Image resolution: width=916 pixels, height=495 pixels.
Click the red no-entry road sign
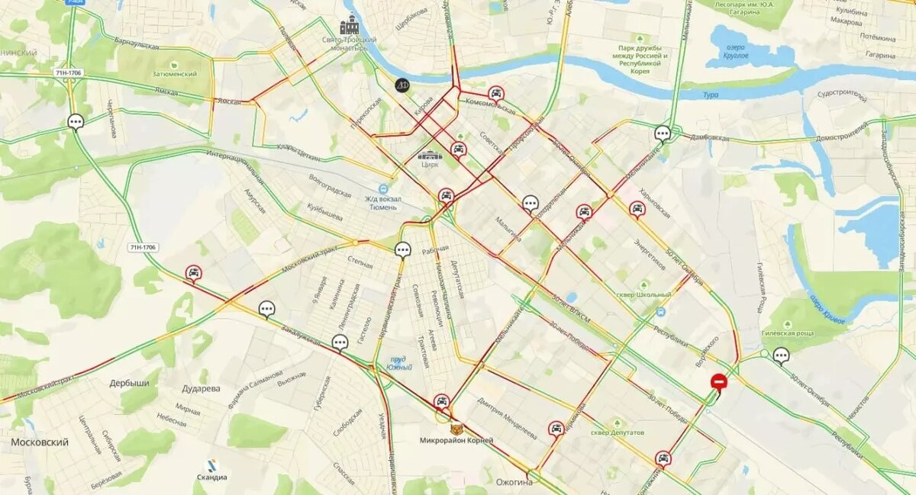coord(718,381)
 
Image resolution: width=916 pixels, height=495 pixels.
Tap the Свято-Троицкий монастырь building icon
coord(350,25)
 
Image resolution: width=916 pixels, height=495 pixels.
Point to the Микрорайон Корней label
coord(456,440)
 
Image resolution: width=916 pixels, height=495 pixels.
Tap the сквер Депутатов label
coord(618,432)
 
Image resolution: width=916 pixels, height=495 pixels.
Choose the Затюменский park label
coord(175,74)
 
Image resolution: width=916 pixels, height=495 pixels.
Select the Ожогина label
coord(514,482)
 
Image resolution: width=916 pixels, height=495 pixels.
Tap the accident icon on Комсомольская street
coord(496,94)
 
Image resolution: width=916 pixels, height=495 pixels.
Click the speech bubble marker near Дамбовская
coord(663,133)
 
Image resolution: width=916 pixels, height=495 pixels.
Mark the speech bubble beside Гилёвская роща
coord(780,355)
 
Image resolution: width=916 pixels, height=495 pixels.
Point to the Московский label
coord(40,442)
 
